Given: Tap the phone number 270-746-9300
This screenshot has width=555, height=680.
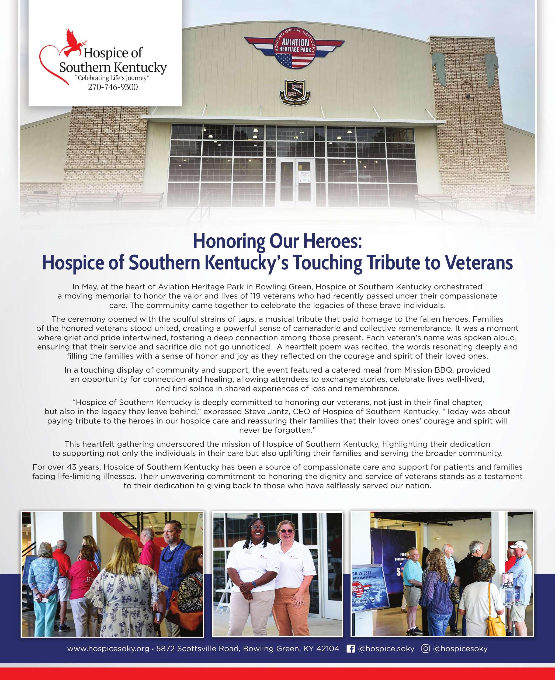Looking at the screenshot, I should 113,87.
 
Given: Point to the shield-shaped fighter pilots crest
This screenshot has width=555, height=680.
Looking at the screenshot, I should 295,92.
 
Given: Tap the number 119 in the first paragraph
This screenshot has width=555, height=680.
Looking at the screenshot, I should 255,296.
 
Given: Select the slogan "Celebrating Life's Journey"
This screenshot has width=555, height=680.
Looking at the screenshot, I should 112,78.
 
